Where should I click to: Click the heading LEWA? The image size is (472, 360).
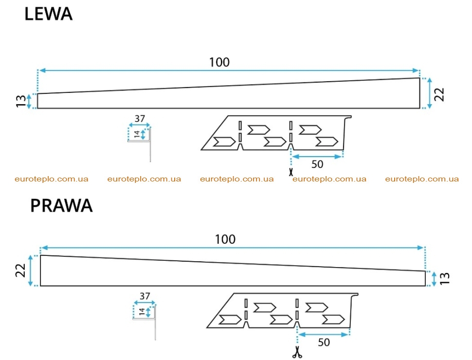coord(49,14)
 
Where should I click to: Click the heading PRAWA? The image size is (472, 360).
coord(61,206)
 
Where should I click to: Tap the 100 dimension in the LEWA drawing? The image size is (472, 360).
coord(219,62)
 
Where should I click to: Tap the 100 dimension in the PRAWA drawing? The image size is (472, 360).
coord(225,240)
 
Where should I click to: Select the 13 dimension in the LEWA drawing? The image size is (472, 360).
coord(21,101)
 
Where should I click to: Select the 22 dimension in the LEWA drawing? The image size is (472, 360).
coord(439,94)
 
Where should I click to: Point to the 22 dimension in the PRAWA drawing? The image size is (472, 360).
coord(21,270)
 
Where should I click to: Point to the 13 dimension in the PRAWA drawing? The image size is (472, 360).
coord(445,278)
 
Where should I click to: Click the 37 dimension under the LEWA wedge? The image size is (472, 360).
coord(140,119)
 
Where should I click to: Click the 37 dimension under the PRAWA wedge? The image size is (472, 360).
coord(145,296)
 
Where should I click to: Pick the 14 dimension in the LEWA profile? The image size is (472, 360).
coord(137,134)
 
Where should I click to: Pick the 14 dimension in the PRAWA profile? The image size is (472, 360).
coord(142,312)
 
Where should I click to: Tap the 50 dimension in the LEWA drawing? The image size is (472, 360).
coord(317,164)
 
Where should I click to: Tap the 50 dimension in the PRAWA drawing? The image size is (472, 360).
coord(324,342)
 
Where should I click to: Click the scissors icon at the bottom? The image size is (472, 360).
coord(297,352)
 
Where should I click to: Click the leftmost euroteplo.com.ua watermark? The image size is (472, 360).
coord(52,179)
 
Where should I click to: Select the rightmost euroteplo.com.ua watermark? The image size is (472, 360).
coord(422,179)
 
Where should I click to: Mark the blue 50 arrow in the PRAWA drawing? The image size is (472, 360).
coord(323,334)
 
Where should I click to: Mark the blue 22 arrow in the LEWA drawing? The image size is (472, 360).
coord(430,93)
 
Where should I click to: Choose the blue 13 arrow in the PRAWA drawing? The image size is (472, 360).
coord(434,279)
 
